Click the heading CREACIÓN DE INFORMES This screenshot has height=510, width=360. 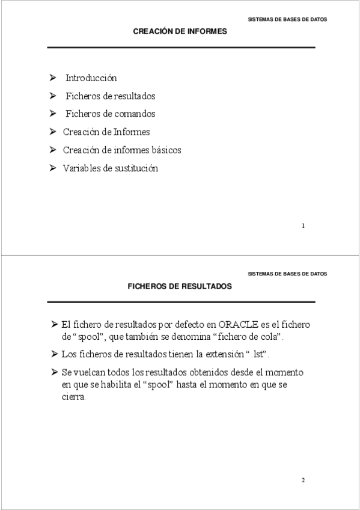180,31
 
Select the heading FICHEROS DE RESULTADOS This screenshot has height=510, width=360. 180,287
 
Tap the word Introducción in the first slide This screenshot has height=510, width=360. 91,78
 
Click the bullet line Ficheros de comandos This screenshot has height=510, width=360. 110,114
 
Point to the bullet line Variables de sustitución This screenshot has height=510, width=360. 111,168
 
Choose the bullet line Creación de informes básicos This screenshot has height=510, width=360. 122,150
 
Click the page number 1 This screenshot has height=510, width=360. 303,226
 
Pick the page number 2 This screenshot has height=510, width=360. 303,481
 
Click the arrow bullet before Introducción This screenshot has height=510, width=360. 53,78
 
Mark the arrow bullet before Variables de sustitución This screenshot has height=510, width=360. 53,168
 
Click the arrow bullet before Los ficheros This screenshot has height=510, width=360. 55,354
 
